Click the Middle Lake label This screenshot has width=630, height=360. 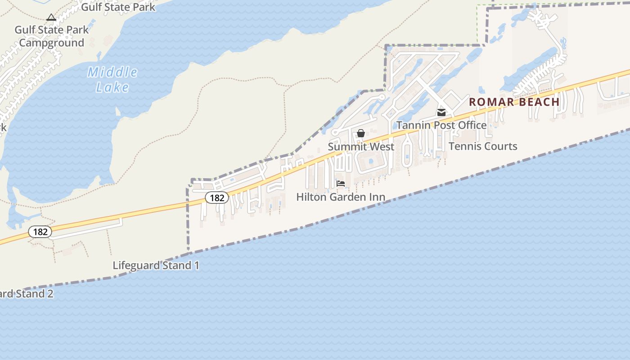point(112,79)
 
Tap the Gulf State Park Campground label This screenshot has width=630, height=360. point(52,36)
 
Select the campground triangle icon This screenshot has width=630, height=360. point(51,18)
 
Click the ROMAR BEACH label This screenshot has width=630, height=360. point(514,102)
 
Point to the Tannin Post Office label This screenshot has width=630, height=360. point(441,125)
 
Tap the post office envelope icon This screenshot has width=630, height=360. point(441,112)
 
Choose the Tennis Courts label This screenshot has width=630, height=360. point(483,146)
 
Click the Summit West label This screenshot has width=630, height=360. point(361,147)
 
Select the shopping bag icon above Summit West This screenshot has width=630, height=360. point(361,133)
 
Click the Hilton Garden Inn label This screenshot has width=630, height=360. point(341,197)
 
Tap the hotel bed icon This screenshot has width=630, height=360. point(341,184)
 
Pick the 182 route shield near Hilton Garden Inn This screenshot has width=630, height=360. point(217,198)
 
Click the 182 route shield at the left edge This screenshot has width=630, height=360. point(40,232)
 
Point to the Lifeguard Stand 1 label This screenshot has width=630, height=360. point(156,265)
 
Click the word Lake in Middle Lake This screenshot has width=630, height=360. point(112,87)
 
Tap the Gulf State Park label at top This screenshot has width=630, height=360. point(118,7)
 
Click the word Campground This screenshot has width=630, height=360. point(52,43)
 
